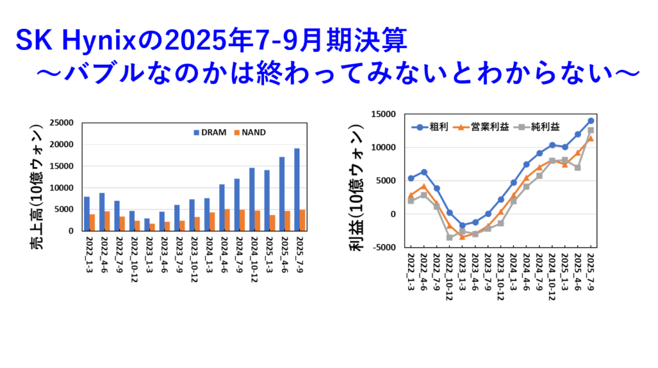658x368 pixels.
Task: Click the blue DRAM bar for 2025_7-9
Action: pyautogui.click(x=297, y=189)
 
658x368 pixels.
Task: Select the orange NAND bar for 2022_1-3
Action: pyautogui.click(x=93, y=222)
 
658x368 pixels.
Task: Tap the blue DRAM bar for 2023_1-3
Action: pyautogui.click(x=147, y=225)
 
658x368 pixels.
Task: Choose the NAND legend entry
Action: pyautogui.click(x=250, y=132)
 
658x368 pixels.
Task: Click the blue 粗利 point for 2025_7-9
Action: pyautogui.click(x=591, y=121)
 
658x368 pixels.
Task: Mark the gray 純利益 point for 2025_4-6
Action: pyautogui.click(x=578, y=168)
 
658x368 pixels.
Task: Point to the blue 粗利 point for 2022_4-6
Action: pyautogui.click(x=424, y=172)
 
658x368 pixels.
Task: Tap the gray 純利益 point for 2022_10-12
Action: pyautogui.click(x=450, y=238)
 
